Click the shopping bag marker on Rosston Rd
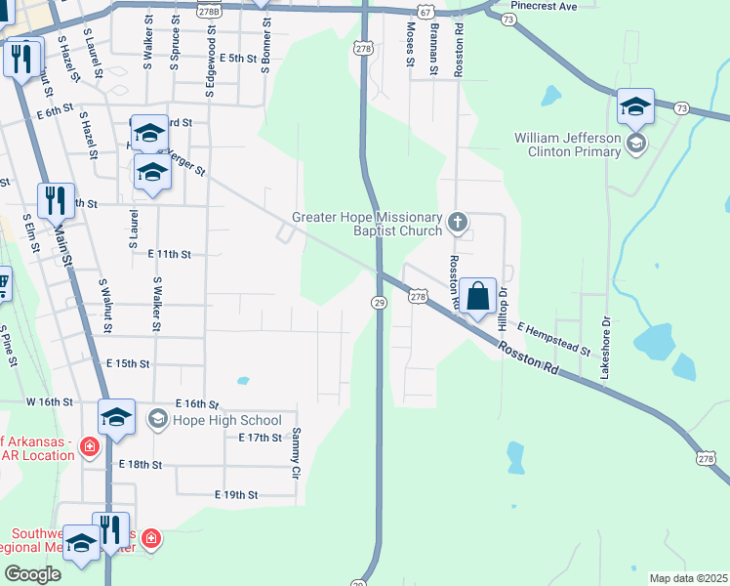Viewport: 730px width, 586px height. coord(477,296)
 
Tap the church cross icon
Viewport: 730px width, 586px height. coord(457,224)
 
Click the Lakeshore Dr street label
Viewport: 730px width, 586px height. coord(605,348)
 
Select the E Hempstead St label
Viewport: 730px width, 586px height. coord(554,338)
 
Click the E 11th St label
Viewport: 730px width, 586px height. coord(169,254)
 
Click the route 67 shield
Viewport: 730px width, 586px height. coord(424,9)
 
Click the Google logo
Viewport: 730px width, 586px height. coord(33,574)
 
